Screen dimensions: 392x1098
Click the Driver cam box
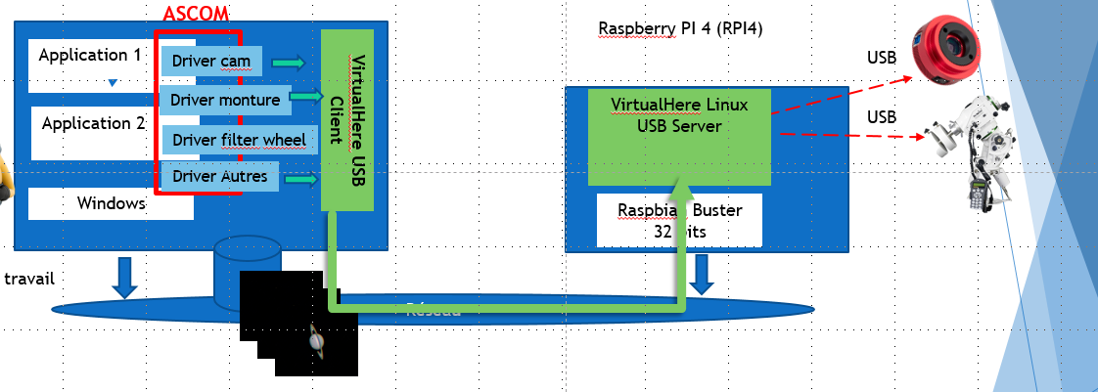click(211, 62)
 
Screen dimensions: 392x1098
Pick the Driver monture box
click(225, 100)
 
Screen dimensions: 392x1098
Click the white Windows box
click(111, 203)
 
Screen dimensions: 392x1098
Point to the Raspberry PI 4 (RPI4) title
click(680, 29)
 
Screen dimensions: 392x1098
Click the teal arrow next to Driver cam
click(288, 63)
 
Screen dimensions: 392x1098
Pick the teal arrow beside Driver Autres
click(299, 178)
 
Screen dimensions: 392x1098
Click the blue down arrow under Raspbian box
click(701, 275)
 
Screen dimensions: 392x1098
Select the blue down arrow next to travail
click(124, 277)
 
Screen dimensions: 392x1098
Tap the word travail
click(28, 279)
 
